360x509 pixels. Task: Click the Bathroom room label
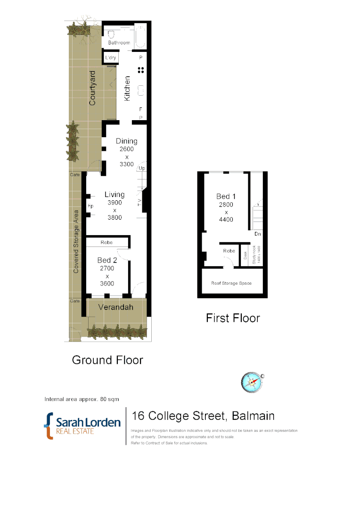119,43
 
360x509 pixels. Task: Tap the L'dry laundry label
111,57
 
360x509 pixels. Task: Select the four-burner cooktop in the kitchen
140,70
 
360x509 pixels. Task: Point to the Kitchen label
127,88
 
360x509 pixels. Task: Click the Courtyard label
92,88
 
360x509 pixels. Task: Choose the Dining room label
127,141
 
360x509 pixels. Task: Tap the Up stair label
141,168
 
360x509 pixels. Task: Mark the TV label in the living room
139,203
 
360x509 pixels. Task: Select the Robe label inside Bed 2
107,243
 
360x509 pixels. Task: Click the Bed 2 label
107,260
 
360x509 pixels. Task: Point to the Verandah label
115,307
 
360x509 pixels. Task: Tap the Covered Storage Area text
76,241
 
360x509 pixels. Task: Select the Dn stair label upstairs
257,234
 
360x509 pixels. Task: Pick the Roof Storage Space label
231,283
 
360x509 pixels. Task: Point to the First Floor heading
233,318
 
